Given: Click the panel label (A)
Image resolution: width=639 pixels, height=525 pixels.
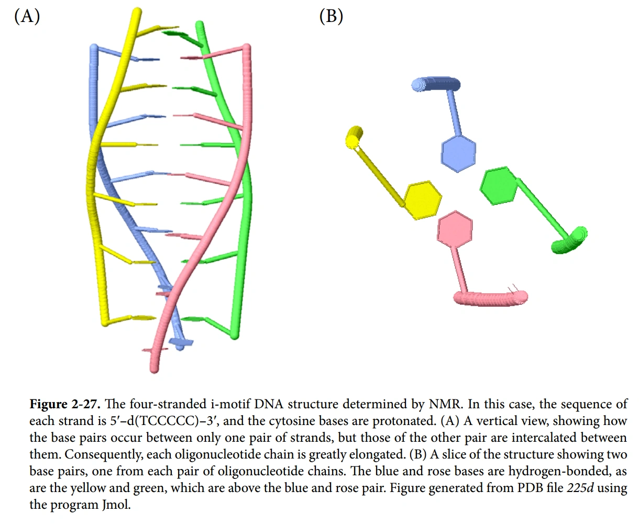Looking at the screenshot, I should coord(27,17).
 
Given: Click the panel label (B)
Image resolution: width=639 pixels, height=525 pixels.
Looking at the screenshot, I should coord(331,17).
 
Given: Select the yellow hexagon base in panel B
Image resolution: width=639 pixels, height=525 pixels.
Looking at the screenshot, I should coord(422,200).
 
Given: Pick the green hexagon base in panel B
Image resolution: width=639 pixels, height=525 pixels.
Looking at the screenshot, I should coord(499,185).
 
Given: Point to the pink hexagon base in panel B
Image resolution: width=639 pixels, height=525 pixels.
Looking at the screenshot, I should coord(455,229).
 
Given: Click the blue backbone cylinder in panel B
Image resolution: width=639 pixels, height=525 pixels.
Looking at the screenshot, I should coord(436,85).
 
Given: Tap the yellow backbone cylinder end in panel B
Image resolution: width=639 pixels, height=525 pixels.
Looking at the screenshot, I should coord(355,136).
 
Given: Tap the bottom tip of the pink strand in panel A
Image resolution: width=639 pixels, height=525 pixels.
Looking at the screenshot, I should coord(154,367).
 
